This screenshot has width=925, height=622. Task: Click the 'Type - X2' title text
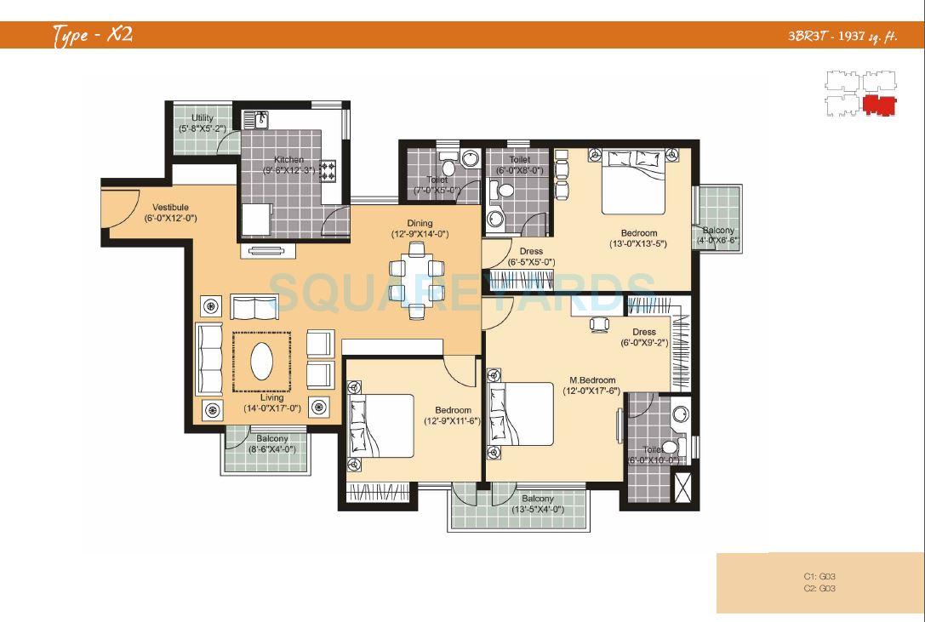[x=92, y=35]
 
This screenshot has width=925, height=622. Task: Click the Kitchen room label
[x=288, y=160]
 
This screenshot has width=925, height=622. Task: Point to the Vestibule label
[x=170, y=208]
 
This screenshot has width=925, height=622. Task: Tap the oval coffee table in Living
[x=262, y=361]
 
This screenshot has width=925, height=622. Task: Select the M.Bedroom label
[x=591, y=380]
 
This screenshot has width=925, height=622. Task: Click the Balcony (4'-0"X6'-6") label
[x=718, y=231]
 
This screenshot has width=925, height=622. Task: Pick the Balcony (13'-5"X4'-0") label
[x=537, y=499]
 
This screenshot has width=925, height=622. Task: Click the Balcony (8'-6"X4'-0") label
[x=272, y=439]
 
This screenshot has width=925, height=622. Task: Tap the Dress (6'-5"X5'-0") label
[x=531, y=252]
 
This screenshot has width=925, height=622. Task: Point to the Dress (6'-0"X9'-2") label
[x=643, y=333]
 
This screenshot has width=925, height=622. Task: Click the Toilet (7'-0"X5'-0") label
[x=437, y=180]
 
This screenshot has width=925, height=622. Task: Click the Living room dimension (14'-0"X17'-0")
[x=272, y=408]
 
